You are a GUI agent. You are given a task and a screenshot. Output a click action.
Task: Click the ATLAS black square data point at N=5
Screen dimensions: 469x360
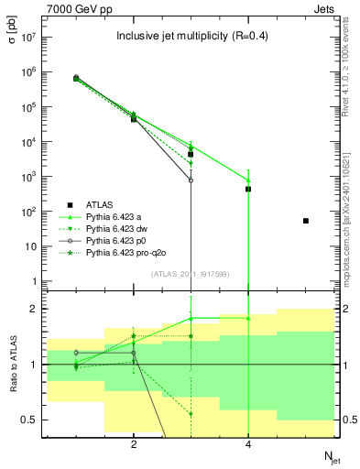pyautogui.click(x=306, y=221)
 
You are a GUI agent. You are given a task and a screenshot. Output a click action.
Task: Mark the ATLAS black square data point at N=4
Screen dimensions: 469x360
pyautogui.click(x=248, y=189)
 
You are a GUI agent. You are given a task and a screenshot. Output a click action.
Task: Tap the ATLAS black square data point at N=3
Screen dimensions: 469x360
pyautogui.click(x=191, y=154)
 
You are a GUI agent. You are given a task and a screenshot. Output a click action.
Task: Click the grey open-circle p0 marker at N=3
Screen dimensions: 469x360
pyautogui.click(x=191, y=180)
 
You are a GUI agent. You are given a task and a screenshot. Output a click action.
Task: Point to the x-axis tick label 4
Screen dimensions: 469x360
pyautogui.click(x=248, y=445)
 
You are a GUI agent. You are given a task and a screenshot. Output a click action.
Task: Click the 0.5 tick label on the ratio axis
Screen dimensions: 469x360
pyautogui.click(x=27, y=420)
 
